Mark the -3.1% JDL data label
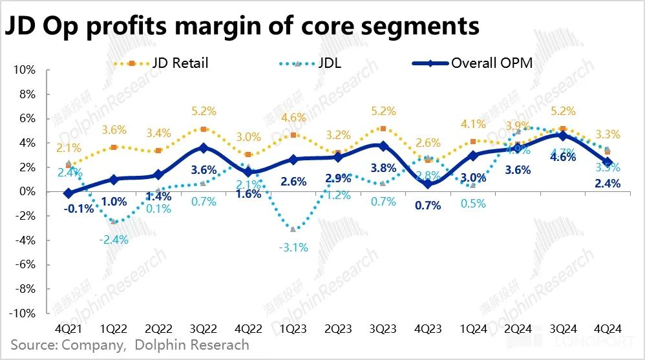[295, 246]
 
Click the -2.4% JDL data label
[114, 239]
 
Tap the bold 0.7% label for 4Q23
[427, 206]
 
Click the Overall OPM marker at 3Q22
[204, 148]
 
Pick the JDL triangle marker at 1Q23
[294, 229]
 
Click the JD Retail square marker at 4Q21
[69, 166]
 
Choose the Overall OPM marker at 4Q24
[608, 162]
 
